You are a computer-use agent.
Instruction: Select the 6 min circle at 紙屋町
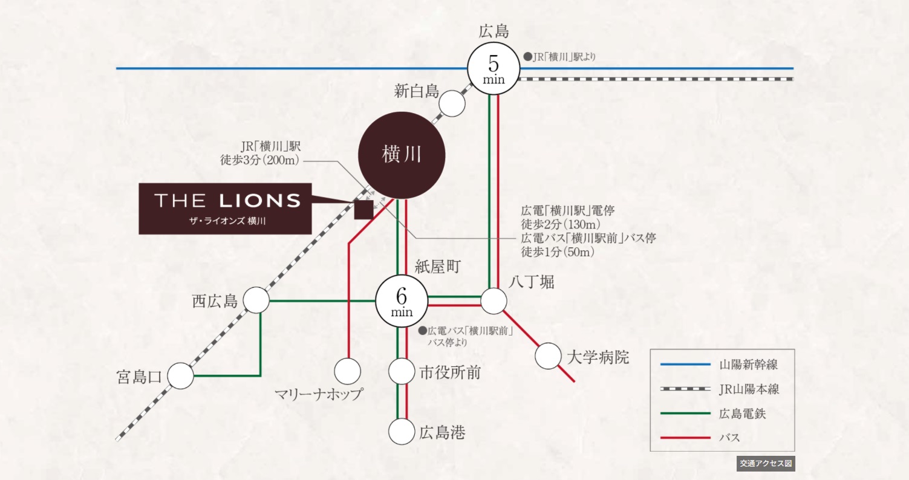pyautogui.click(x=402, y=301)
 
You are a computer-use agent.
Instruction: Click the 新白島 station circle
pyautogui.click(x=452, y=103)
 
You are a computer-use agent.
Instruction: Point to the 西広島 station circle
pyautogui.click(x=256, y=300)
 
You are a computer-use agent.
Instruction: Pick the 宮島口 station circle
pyautogui.click(x=180, y=376)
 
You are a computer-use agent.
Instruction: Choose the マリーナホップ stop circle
pyautogui.click(x=348, y=371)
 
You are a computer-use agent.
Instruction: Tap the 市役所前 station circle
pyautogui.click(x=402, y=371)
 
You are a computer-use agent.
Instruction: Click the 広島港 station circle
pyautogui.click(x=402, y=432)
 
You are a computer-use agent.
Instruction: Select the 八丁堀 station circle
pyautogui.click(x=494, y=301)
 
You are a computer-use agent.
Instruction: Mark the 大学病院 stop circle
pyautogui.click(x=548, y=355)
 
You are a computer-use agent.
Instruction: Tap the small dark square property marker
pyautogui.click(x=363, y=210)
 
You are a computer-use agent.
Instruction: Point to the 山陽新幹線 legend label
pyautogui.click(x=748, y=365)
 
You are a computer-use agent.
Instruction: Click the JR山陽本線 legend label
pyautogui.click(x=749, y=389)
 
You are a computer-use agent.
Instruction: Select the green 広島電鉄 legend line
pyautogui.click(x=685, y=414)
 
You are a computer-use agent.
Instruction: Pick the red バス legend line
pyautogui.click(x=685, y=437)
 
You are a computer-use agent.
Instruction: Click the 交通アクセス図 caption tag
pyautogui.click(x=764, y=464)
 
